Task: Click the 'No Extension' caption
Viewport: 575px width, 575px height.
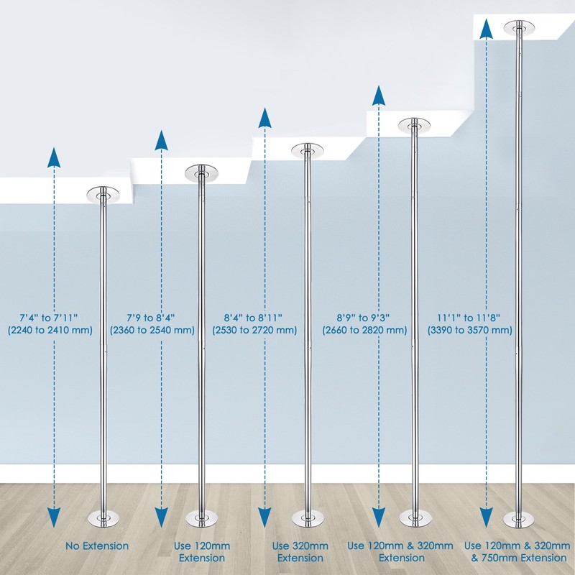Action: (x=97, y=546)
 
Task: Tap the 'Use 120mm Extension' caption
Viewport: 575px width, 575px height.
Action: (x=202, y=552)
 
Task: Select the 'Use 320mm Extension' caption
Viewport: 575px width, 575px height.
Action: (x=300, y=552)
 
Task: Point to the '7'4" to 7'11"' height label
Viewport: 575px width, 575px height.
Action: (x=49, y=318)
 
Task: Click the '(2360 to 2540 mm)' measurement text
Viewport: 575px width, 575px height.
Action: (x=152, y=330)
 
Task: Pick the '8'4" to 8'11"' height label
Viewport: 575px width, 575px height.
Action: (x=253, y=318)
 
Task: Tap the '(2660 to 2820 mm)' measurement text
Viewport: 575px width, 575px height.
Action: (x=364, y=330)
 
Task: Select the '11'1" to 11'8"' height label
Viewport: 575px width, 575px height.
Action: (x=469, y=318)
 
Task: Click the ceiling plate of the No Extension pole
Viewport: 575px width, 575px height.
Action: (x=103, y=195)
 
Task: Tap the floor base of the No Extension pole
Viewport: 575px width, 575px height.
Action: (x=103, y=518)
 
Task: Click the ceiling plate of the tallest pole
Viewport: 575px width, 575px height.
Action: (x=519, y=28)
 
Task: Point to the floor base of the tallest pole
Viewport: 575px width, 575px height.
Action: (x=519, y=520)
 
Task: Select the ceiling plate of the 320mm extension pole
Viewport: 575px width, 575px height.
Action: (x=308, y=151)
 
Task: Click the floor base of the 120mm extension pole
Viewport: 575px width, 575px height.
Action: (x=201, y=518)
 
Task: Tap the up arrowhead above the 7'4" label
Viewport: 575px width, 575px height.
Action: (x=54, y=157)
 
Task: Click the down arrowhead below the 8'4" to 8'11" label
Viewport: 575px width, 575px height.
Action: (x=264, y=517)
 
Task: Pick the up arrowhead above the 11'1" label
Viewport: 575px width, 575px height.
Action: (x=486, y=29)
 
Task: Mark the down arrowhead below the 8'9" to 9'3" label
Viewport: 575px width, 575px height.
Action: (x=379, y=517)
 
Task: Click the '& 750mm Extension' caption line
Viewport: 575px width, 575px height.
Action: (x=519, y=558)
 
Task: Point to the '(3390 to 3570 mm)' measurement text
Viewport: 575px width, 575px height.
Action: (x=470, y=330)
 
